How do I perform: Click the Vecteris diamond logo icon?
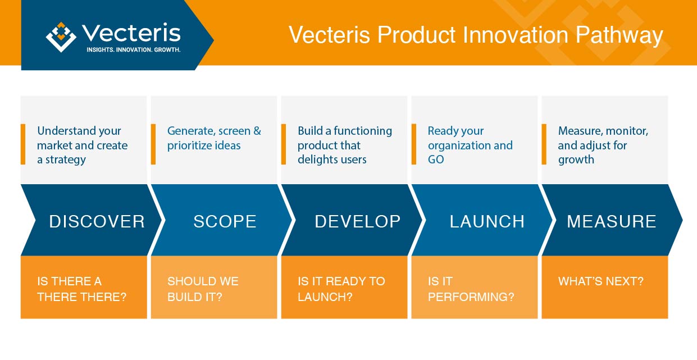point(61,37)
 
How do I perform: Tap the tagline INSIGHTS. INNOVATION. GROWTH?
point(134,50)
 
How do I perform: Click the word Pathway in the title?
point(619,36)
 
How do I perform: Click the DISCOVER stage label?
point(97,221)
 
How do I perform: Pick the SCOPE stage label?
point(225,221)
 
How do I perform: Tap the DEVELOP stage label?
point(358,221)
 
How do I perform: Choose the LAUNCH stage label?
point(487,221)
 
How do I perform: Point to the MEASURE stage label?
point(612,221)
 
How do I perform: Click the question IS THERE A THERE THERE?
point(82,289)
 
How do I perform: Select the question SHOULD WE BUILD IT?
point(203,289)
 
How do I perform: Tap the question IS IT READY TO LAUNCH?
point(341,289)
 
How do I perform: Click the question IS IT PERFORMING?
point(471,289)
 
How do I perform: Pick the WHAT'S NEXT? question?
point(600,281)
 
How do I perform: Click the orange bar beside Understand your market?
point(23,144)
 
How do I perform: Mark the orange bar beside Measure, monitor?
point(544,144)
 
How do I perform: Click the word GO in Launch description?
point(436,160)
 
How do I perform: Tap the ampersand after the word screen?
point(257,131)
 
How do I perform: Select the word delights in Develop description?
point(317,160)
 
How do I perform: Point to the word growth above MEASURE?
point(576,160)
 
